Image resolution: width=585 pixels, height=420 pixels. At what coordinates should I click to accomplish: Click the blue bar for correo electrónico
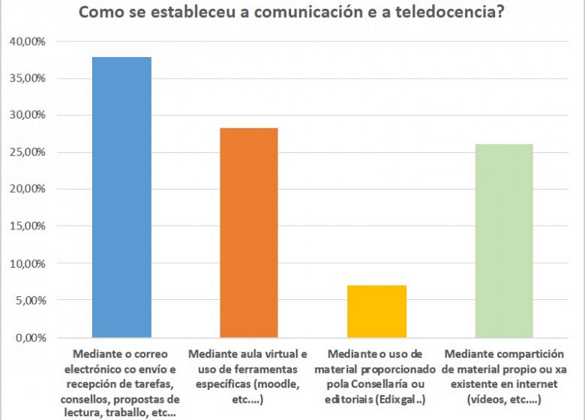(x=121, y=197)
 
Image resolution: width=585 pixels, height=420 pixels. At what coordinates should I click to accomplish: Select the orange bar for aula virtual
(x=249, y=232)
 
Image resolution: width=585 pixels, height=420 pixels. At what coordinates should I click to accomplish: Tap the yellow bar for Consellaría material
(x=377, y=311)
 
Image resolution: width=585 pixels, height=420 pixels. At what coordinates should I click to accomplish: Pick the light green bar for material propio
(x=505, y=241)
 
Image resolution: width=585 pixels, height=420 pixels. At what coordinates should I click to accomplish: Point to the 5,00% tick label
(x=31, y=301)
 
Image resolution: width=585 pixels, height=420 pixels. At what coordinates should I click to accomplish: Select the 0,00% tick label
(x=31, y=337)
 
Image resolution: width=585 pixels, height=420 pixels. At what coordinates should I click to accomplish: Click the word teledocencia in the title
(x=450, y=13)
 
